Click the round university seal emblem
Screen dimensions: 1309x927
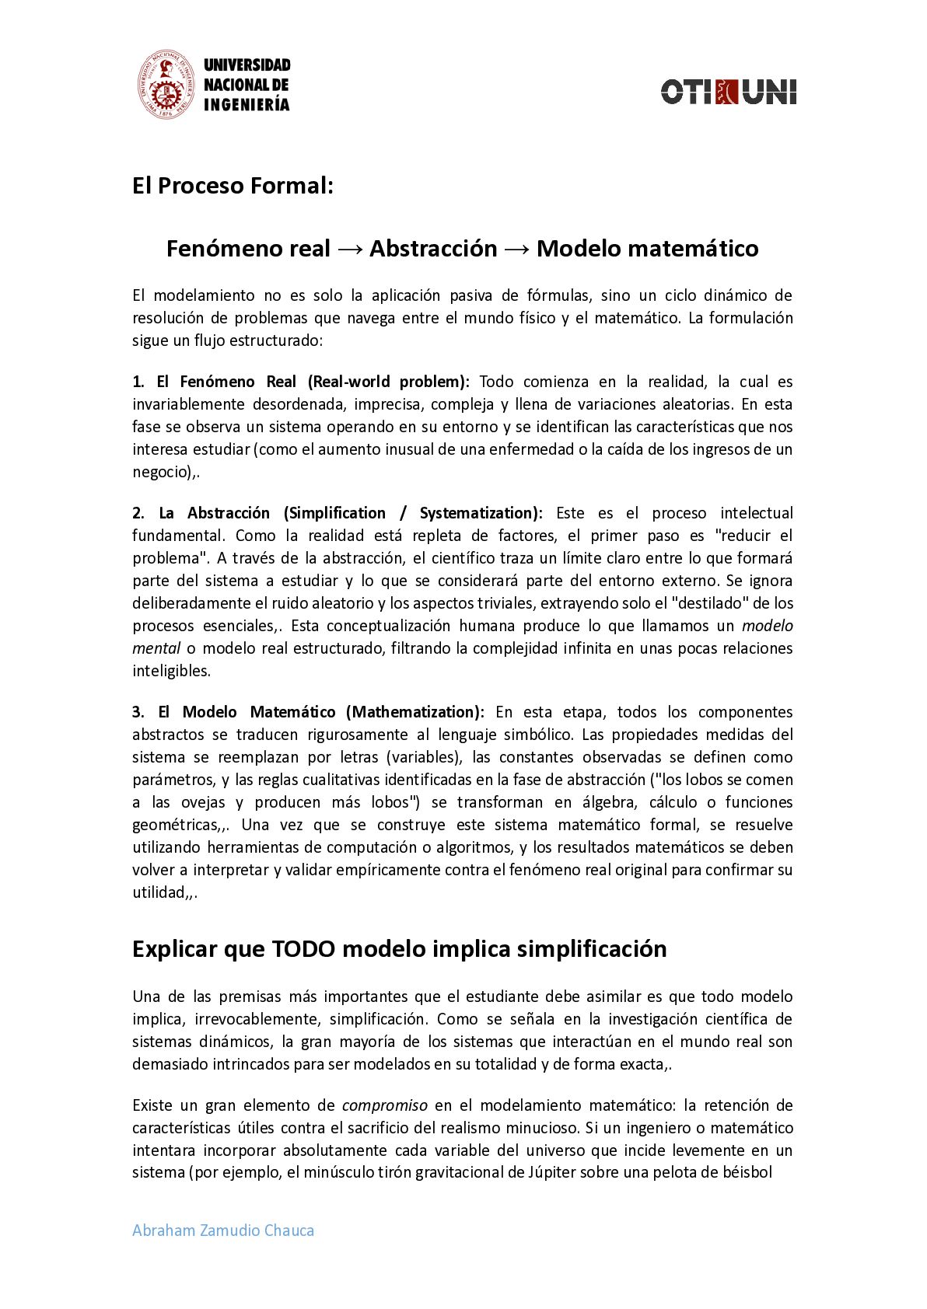(x=165, y=86)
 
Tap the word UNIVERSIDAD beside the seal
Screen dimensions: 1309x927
(x=247, y=65)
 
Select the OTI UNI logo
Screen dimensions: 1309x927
(x=729, y=92)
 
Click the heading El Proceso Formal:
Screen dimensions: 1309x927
(x=233, y=186)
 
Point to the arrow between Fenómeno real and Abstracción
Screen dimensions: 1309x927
(x=350, y=249)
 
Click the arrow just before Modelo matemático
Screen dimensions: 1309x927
(x=517, y=249)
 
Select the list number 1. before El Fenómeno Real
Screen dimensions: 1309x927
(x=138, y=382)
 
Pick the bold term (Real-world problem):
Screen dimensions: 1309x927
(x=389, y=382)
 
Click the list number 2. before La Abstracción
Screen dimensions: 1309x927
(x=138, y=513)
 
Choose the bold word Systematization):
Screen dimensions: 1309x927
(x=481, y=513)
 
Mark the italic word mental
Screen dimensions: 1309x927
(x=156, y=648)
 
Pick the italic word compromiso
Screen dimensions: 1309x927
(x=385, y=1105)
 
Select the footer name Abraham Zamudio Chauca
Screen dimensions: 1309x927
(x=223, y=1230)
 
